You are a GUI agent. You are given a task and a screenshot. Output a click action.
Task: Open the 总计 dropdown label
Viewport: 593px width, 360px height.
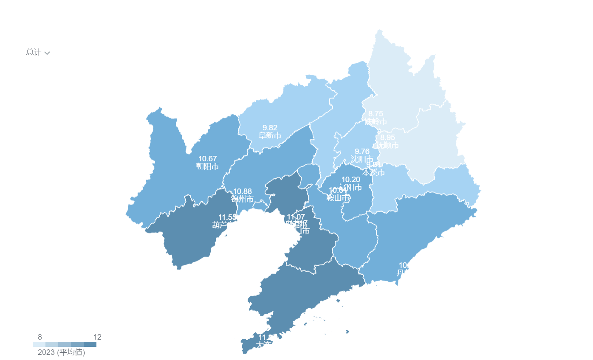click(x=34, y=52)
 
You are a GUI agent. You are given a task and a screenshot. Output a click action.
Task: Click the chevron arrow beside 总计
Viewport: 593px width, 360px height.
click(x=47, y=53)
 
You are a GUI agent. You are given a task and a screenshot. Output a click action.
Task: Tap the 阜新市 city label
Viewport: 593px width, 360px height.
click(x=270, y=135)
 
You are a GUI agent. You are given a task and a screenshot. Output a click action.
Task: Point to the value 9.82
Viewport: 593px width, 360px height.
click(x=270, y=128)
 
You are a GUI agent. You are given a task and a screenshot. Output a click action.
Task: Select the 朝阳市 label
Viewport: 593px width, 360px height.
click(x=207, y=166)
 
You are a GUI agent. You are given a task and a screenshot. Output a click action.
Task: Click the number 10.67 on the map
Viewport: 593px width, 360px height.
click(x=207, y=159)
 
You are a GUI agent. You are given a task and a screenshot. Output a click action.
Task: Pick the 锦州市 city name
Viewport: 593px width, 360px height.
click(x=242, y=199)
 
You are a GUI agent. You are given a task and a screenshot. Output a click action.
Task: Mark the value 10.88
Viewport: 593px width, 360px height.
click(x=242, y=191)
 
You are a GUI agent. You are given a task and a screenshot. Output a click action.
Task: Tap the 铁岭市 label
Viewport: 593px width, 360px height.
click(x=376, y=121)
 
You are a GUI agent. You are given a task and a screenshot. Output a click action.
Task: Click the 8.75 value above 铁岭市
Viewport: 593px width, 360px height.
click(x=376, y=114)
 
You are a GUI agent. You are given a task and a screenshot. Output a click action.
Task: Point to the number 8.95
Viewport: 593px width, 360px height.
click(x=387, y=138)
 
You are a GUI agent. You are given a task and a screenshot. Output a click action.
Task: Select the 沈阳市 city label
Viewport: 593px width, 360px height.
click(x=362, y=159)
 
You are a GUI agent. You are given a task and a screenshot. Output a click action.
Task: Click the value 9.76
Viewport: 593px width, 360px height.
click(x=362, y=152)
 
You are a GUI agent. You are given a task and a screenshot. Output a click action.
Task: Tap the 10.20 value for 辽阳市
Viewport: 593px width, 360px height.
click(x=351, y=180)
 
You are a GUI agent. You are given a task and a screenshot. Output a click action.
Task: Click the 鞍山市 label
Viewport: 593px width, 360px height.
click(x=338, y=197)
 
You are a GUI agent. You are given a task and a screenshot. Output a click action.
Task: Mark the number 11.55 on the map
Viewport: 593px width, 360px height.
click(x=227, y=217)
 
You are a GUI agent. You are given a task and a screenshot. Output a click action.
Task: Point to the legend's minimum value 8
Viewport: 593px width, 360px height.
click(x=40, y=337)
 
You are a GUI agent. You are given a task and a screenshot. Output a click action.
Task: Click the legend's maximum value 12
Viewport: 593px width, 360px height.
click(x=97, y=337)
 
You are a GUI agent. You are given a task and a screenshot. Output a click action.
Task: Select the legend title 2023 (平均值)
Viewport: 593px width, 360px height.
click(x=61, y=352)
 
